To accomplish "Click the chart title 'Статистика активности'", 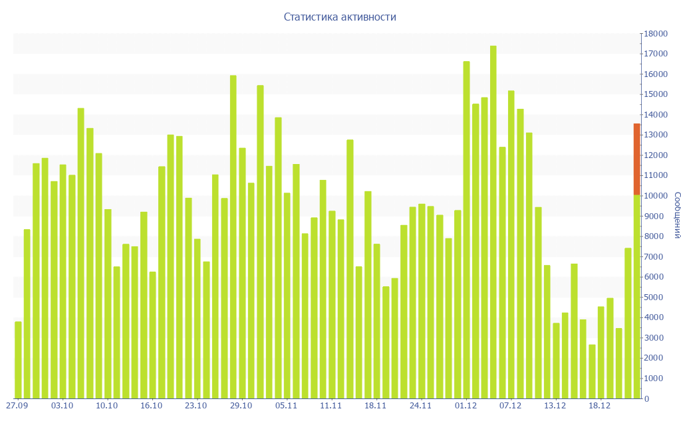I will (340, 17).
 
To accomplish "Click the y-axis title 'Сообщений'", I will (676, 214).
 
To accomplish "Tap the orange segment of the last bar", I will (636, 159).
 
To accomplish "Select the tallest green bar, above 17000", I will (493, 222).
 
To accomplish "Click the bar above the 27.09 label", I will (18, 360).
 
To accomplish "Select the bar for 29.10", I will (242, 273).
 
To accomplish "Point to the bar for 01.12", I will (466, 230).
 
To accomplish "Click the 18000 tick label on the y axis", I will (654, 33).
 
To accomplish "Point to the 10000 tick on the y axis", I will (654, 196).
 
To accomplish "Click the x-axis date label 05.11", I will (286, 406).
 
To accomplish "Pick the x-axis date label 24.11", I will (420, 406).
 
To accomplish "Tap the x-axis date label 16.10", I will (152, 406).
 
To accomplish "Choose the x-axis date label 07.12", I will (510, 406).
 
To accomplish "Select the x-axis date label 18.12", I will (600, 406).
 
